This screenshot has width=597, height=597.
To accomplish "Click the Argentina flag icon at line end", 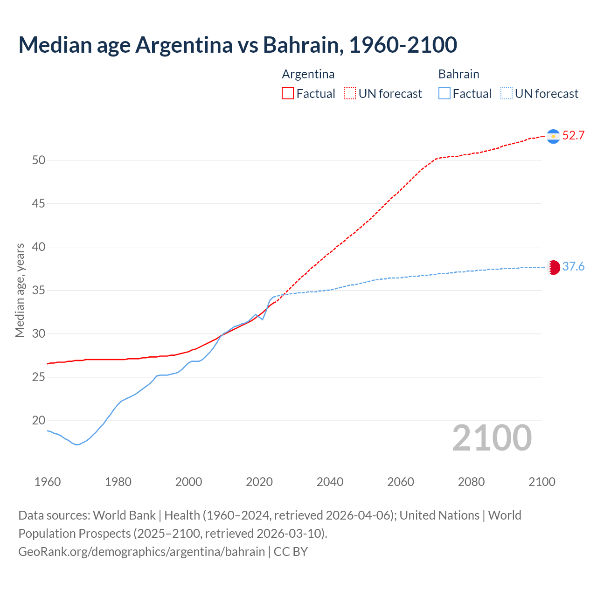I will click(553, 136).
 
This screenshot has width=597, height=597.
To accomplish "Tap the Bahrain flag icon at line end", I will click(553, 267).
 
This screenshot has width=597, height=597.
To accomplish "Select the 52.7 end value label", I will click(573, 136).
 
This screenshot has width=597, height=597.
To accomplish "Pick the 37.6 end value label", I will click(573, 267).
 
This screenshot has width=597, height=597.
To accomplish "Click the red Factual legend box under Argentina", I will click(288, 94).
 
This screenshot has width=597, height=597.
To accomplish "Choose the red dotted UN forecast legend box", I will click(350, 94).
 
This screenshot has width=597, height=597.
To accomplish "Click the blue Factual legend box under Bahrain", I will click(444, 94).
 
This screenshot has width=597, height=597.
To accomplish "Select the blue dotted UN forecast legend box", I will click(507, 94).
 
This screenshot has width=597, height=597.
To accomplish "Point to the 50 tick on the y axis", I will click(39, 160).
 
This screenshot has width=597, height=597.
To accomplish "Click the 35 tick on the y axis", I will click(39, 291).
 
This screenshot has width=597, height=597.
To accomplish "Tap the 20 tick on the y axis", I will click(39, 421).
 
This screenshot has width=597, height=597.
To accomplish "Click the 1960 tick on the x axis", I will click(48, 482).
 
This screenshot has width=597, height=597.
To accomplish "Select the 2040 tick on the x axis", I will click(330, 482).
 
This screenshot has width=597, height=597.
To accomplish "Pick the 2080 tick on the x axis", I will click(471, 482).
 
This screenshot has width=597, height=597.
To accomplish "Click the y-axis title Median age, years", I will click(20, 290).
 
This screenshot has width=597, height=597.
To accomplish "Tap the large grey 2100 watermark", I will click(492, 438).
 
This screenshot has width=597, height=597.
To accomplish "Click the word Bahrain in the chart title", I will click(303, 45).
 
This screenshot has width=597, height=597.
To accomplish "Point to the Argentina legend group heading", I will click(308, 74).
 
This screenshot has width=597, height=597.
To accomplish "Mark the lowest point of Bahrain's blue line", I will click(77, 444).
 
